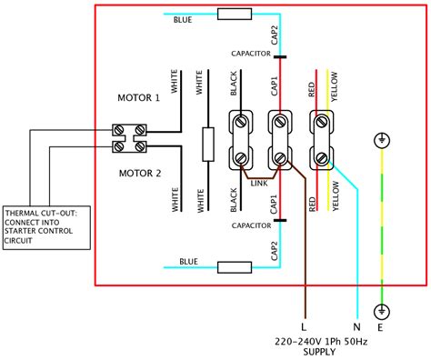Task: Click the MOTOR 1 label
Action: [x=138, y=96]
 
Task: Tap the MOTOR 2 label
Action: [x=138, y=171]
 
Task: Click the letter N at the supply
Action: [x=357, y=325]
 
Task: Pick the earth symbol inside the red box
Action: [x=383, y=142]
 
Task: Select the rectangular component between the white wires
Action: [x=208, y=141]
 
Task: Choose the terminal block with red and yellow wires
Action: [x=321, y=139]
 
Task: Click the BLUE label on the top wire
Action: [x=185, y=22]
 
